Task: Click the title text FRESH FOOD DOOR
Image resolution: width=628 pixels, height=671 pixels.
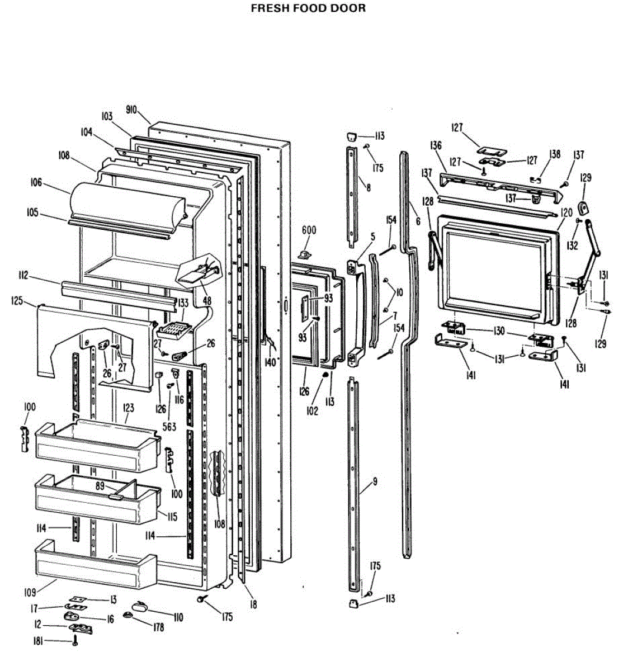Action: pos(308,8)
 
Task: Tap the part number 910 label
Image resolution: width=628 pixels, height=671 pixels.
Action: pos(131,110)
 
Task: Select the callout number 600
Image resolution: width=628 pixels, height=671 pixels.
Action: pos(309,230)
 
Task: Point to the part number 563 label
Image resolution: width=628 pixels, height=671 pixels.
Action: pos(169,427)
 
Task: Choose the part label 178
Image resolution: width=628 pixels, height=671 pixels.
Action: pos(158,627)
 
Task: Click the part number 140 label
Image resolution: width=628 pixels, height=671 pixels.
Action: pos(270,362)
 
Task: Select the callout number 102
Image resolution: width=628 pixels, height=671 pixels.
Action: pos(312,411)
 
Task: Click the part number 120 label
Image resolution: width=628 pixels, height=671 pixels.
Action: pos(566,212)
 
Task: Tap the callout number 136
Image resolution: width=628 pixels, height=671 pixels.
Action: pos(436,145)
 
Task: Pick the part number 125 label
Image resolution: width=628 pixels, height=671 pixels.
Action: pos(17,301)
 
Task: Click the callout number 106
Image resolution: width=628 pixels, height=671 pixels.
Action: pos(36,181)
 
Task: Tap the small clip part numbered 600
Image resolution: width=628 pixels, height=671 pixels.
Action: pos(305,254)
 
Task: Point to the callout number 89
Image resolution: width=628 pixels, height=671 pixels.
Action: pos(100,486)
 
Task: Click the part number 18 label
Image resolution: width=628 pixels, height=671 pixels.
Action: pos(253,604)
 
